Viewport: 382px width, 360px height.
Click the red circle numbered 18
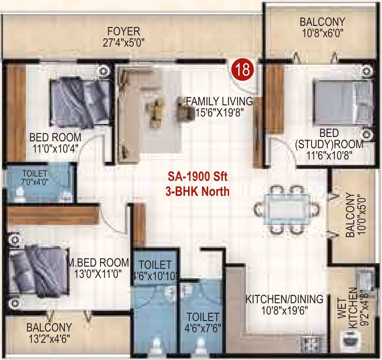click(x=243, y=70)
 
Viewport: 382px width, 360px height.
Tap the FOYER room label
click(x=124, y=31)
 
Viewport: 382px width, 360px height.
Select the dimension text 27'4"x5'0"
click(x=123, y=43)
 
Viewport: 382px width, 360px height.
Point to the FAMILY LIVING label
click(x=220, y=101)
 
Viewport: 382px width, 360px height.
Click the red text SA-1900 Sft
click(x=198, y=177)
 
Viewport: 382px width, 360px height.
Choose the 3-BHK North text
click(x=198, y=192)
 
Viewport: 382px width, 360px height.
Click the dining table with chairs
click(x=287, y=210)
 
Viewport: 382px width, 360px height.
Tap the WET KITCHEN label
click(x=348, y=308)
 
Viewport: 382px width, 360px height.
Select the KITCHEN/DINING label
click(x=285, y=299)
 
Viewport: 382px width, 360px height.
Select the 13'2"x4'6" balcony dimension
click(x=49, y=338)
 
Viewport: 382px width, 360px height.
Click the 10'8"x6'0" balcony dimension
click(x=323, y=33)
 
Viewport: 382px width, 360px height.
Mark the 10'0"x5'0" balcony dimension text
click(x=362, y=215)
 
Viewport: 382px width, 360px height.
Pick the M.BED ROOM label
click(x=98, y=263)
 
